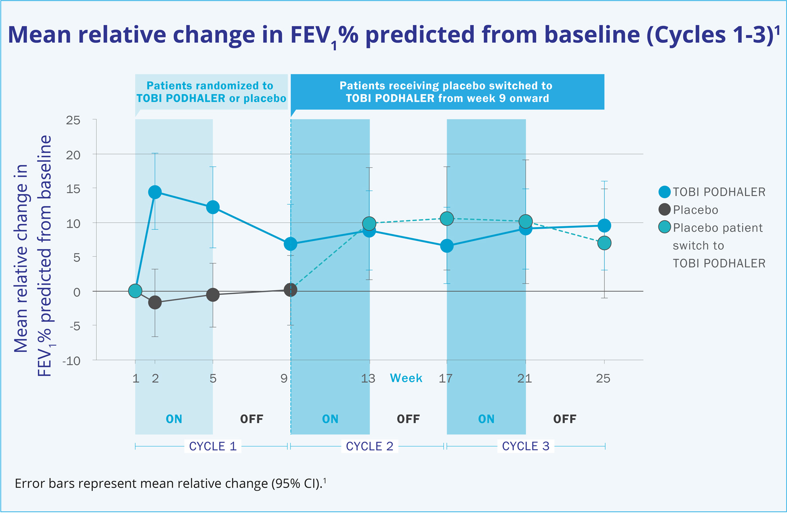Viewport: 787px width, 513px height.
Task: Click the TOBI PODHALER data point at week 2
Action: [x=155, y=192]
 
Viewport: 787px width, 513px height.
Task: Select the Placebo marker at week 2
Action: [x=155, y=303]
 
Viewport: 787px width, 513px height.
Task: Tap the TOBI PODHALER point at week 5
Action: [x=213, y=207]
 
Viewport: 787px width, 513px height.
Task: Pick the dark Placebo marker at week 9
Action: [x=290, y=290]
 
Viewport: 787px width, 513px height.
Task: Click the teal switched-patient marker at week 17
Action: [x=447, y=218]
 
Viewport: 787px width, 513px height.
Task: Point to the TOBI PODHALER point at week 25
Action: [x=604, y=225]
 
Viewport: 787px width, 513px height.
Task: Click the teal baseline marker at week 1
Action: [x=135, y=291]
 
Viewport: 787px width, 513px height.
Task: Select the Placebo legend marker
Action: [x=664, y=210]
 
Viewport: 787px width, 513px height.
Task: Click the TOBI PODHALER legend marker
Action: [x=664, y=192]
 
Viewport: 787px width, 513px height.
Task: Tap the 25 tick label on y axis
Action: [x=73, y=120]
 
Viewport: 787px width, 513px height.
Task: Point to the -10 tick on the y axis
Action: [x=72, y=361]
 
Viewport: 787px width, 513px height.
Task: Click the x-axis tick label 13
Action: [x=368, y=378]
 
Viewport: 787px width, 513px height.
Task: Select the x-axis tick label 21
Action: [x=524, y=378]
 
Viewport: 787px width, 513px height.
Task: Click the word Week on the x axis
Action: [x=406, y=378]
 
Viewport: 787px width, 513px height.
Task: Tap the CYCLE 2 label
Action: [x=370, y=446]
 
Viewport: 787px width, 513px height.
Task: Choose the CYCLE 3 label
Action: [x=526, y=446]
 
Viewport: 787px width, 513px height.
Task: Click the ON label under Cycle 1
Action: [x=174, y=419]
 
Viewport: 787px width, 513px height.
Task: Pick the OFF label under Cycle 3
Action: [x=564, y=419]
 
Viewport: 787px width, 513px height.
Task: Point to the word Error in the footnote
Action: [x=30, y=483]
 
